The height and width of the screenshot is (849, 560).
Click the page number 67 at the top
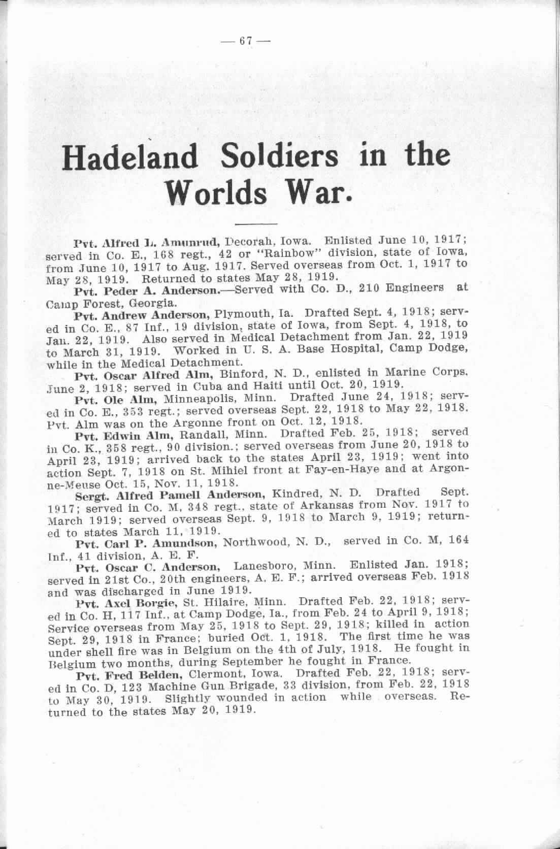[x=246, y=42]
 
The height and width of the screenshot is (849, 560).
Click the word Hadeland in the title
[x=129, y=157]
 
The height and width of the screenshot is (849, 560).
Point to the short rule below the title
[x=256, y=223]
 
